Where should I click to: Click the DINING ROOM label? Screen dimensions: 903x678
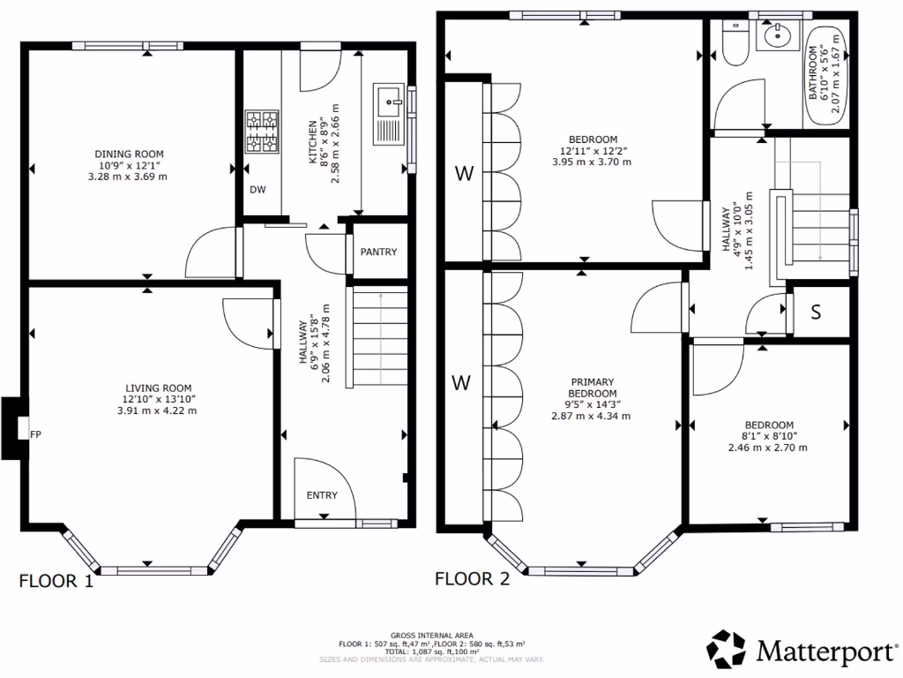click(x=129, y=154)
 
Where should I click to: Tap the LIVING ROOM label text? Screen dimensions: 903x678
click(x=159, y=388)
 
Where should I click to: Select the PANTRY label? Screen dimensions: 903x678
click(x=378, y=252)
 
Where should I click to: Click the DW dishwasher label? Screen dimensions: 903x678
click(x=258, y=190)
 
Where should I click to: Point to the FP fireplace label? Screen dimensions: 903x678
click(x=35, y=434)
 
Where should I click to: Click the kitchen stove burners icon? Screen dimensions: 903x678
click(x=263, y=132)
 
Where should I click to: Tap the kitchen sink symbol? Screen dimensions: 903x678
click(x=391, y=114)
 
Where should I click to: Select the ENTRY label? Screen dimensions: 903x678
click(x=322, y=495)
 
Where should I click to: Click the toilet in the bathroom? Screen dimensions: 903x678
click(x=735, y=44)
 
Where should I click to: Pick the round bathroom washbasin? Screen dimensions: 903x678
click(x=778, y=35)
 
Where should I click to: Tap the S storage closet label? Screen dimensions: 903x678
click(x=816, y=312)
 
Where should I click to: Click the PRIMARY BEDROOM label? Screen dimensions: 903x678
click(x=592, y=388)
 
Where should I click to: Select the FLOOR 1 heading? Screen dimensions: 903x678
click(x=56, y=581)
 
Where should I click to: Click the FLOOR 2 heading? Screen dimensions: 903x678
click(x=473, y=579)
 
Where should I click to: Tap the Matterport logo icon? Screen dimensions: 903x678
click(x=727, y=649)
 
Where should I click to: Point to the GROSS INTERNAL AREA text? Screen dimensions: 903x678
click(x=432, y=636)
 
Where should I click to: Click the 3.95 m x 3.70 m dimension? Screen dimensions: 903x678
click(x=592, y=162)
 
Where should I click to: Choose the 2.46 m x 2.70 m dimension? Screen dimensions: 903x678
click(x=768, y=448)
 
